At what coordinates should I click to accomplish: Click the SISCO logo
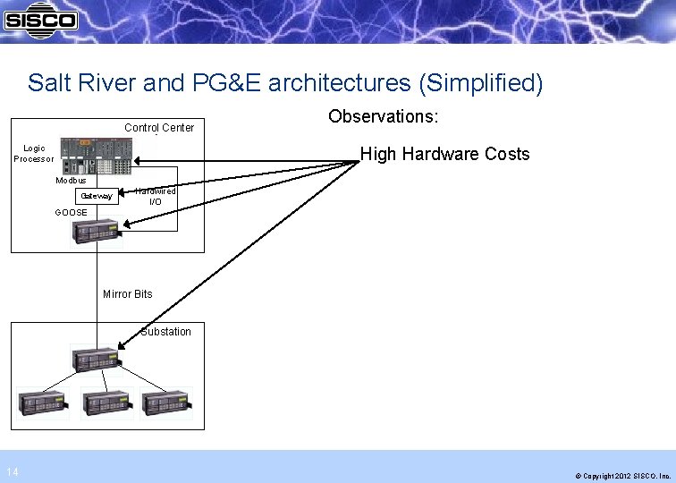point(40,19)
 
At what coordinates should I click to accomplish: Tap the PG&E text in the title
point(223,84)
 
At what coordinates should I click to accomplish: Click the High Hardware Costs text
point(444,155)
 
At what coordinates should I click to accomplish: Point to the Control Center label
point(159,128)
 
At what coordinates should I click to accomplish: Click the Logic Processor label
point(34,154)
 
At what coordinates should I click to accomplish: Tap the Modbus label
point(71,180)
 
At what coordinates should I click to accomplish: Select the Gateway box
point(97,196)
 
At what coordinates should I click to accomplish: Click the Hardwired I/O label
point(156,197)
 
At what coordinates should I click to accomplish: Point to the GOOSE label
point(71,213)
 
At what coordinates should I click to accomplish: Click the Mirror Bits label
point(128,294)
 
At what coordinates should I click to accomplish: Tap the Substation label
point(165,332)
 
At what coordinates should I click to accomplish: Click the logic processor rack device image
point(96,154)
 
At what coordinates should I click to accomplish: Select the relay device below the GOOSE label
point(97,232)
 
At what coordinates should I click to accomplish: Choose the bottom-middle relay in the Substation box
point(106,403)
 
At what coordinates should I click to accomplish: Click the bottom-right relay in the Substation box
point(166,403)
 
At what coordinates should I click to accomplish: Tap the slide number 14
point(11,472)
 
